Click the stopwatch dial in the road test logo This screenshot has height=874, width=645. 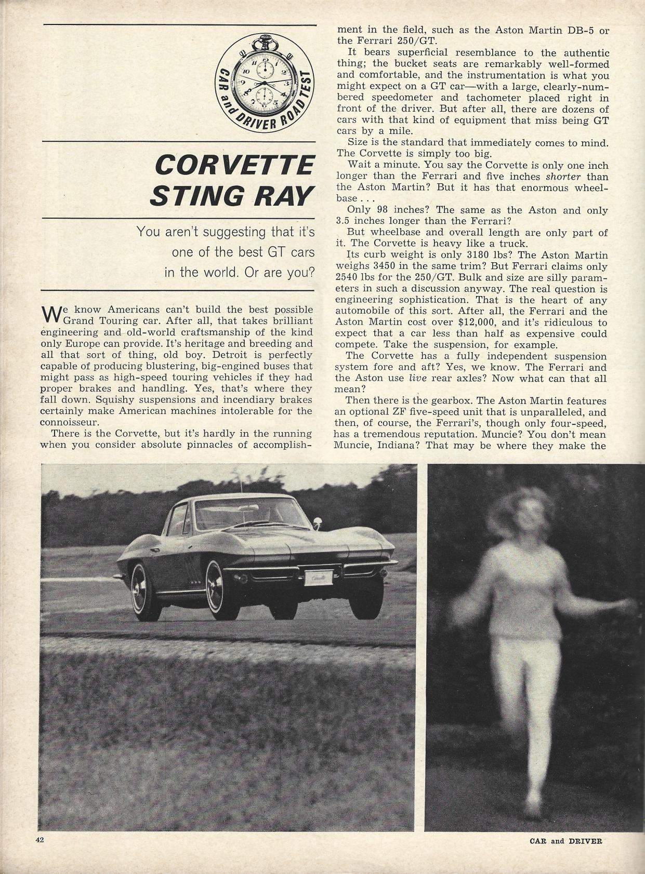point(265,83)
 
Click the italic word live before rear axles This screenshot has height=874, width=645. point(414,379)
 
